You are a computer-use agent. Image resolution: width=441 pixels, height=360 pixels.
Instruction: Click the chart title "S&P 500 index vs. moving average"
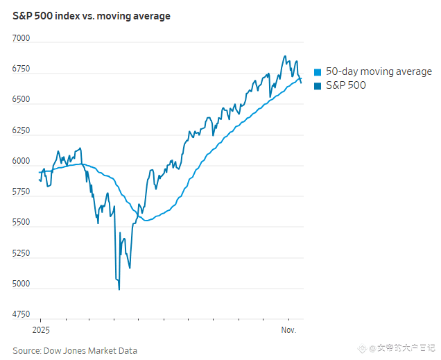92,15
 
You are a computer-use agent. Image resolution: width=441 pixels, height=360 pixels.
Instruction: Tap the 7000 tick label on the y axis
21,39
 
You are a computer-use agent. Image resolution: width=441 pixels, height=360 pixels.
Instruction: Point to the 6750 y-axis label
21,69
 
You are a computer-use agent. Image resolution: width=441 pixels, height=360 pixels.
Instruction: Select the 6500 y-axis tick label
21,100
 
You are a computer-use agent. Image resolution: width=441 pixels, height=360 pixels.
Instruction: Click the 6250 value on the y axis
21,130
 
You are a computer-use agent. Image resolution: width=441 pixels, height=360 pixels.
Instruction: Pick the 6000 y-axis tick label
21,161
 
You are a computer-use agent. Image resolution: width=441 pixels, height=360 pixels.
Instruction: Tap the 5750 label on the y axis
21,191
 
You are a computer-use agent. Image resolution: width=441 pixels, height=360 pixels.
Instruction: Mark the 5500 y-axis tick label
21,223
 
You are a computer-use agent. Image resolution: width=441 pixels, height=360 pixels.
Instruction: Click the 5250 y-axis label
21,253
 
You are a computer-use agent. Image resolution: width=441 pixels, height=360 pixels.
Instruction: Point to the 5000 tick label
21,284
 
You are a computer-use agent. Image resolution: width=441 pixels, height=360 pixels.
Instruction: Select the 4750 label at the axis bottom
21,314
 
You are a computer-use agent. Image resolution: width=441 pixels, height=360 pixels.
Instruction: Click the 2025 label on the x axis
40,329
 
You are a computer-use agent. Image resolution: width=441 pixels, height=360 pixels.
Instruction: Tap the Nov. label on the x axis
288,329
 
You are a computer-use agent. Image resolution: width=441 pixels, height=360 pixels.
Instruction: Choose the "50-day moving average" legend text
379,71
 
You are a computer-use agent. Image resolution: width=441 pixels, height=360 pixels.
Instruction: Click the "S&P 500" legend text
345,85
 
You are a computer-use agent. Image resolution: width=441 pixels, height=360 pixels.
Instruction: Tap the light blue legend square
318,72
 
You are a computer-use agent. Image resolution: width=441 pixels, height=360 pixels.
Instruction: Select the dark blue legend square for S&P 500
318,86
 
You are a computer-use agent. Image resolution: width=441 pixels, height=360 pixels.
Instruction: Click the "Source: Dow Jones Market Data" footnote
75,350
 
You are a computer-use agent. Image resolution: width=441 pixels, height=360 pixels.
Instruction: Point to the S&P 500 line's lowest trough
119,289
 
